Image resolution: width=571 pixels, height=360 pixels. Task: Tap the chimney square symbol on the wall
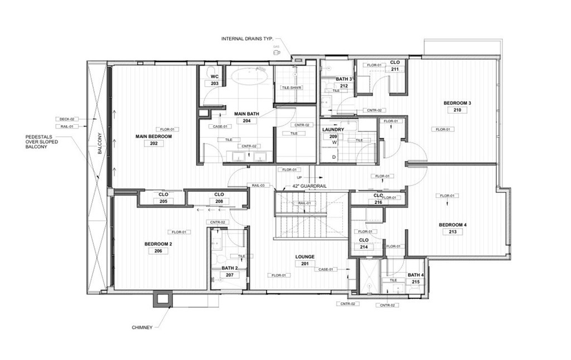click(162, 299)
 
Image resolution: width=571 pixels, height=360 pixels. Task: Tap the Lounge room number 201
click(305, 264)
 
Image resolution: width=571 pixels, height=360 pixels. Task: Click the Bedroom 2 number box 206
click(158, 251)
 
